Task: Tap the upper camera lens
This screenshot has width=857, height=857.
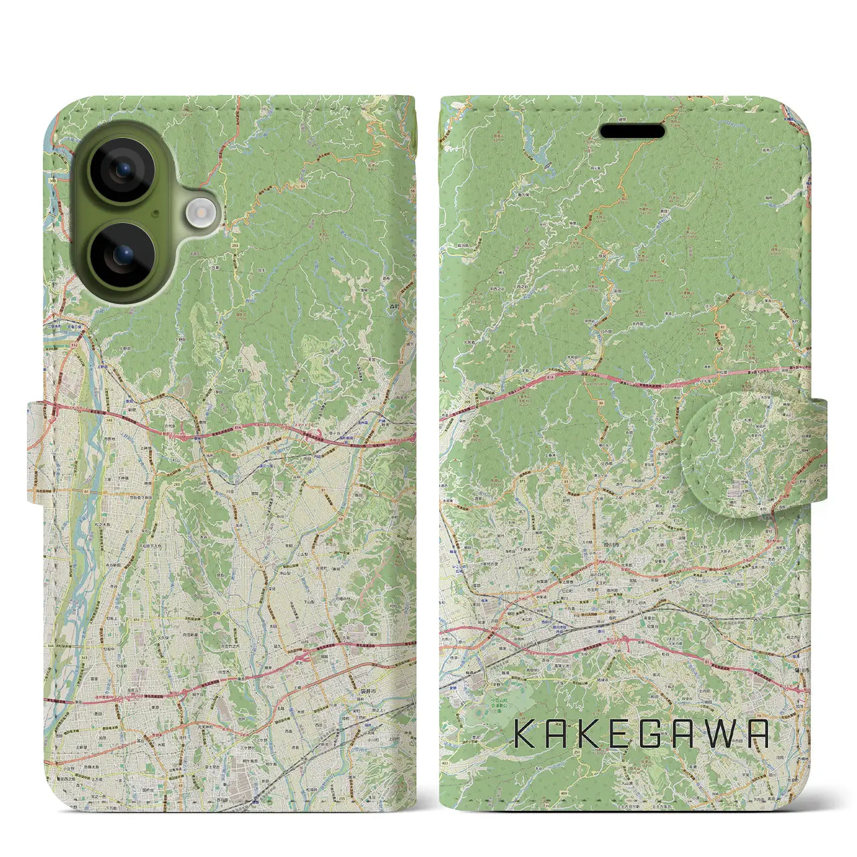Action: pos(122,170)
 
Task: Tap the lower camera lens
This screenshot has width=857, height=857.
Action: pos(122,255)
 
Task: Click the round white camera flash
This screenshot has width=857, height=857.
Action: pos(199,213)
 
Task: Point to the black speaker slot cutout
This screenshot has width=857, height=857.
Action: pos(632,131)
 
